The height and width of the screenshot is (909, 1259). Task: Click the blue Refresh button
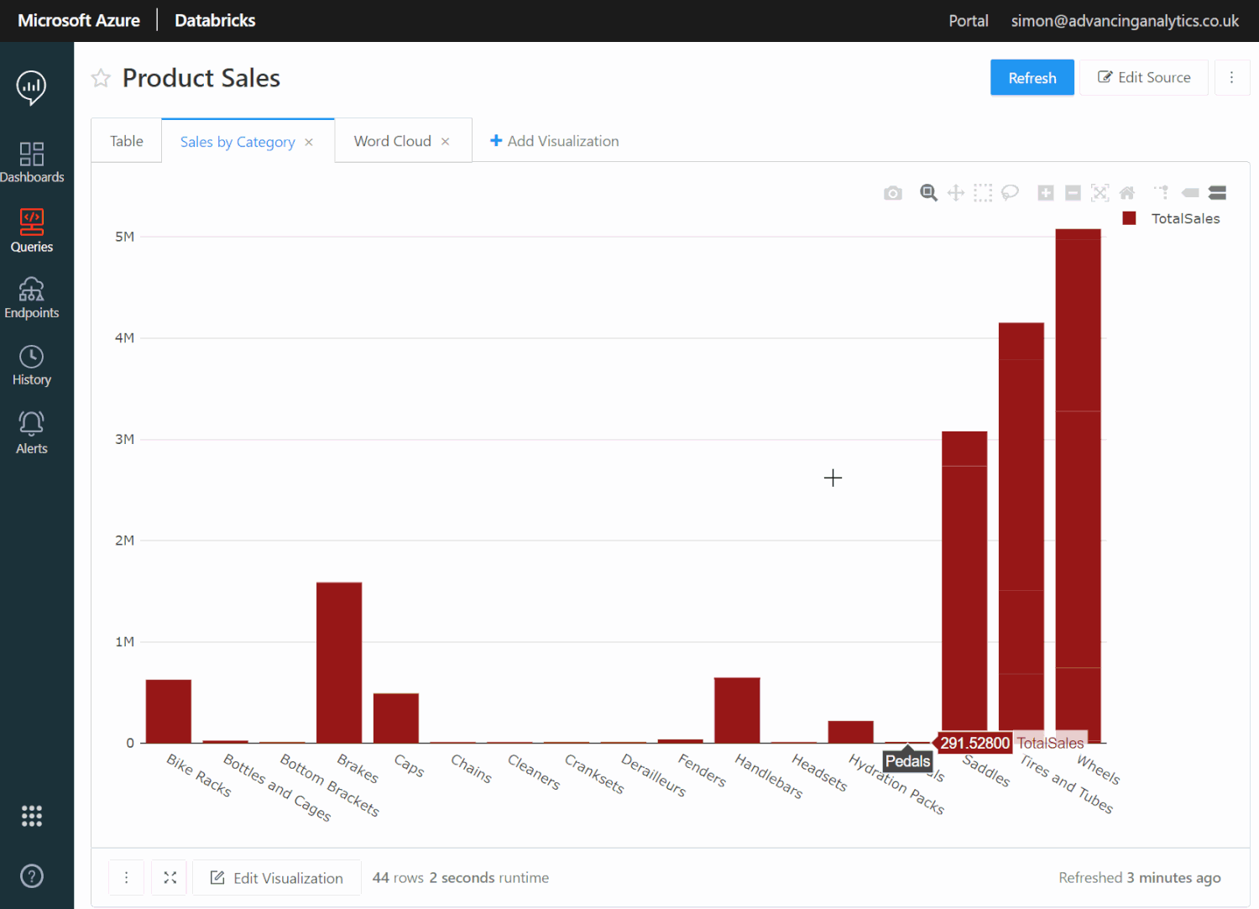[x=1032, y=78]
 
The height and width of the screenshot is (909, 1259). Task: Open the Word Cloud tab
[x=392, y=141]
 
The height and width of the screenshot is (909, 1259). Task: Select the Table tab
[x=126, y=141]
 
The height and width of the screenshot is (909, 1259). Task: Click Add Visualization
[x=554, y=141]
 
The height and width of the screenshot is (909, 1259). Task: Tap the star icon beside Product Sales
[x=101, y=78]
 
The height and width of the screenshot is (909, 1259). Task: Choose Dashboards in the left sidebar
[x=32, y=162]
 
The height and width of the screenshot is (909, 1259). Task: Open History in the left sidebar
[x=32, y=366]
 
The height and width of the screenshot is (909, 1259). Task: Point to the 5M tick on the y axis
[x=124, y=237]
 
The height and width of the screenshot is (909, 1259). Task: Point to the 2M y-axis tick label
[x=124, y=541]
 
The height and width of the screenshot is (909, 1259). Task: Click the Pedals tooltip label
[x=907, y=761]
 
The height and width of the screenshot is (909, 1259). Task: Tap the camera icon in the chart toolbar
[x=893, y=193]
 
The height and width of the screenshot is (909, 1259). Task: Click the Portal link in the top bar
[x=968, y=21]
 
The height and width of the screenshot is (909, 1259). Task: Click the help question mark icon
[x=32, y=876]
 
